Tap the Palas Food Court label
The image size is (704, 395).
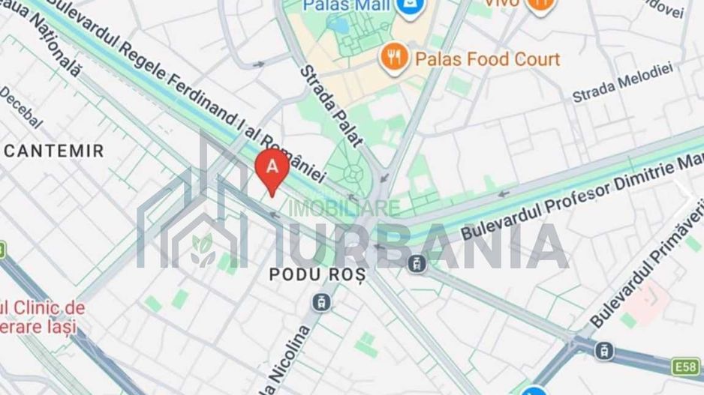point(488,58)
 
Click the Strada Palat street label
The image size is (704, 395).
point(331,104)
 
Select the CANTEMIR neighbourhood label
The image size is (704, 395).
point(54,151)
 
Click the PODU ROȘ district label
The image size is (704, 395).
point(317,275)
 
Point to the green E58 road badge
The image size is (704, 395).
point(686,367)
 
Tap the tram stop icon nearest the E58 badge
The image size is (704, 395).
point(605,350)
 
